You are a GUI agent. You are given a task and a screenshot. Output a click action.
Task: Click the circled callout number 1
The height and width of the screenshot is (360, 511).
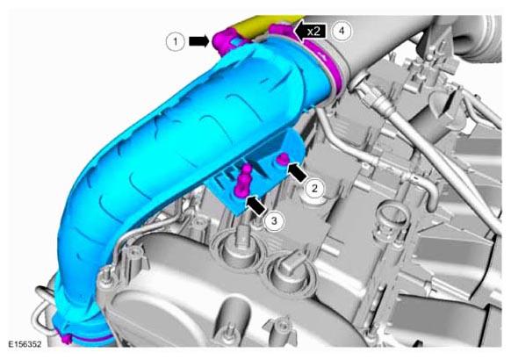(176, 41)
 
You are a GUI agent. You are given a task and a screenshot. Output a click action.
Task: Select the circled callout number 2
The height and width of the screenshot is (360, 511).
(314, 188)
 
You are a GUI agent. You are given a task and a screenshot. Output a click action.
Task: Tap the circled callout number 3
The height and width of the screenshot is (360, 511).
(274, 221)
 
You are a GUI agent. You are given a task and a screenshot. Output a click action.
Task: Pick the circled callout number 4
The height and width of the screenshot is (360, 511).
(342, 31)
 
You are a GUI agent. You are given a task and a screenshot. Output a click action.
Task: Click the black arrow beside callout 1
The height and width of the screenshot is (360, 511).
(199, 41)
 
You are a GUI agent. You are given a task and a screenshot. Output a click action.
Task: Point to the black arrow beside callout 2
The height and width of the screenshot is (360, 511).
(297, 172)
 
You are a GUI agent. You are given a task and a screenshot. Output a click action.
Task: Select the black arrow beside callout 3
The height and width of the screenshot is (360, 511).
(255, 205)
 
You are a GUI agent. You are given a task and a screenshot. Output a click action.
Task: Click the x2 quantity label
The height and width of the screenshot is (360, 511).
(313, 32)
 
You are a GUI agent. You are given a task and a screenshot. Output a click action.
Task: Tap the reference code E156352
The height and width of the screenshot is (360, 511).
(25, 344)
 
